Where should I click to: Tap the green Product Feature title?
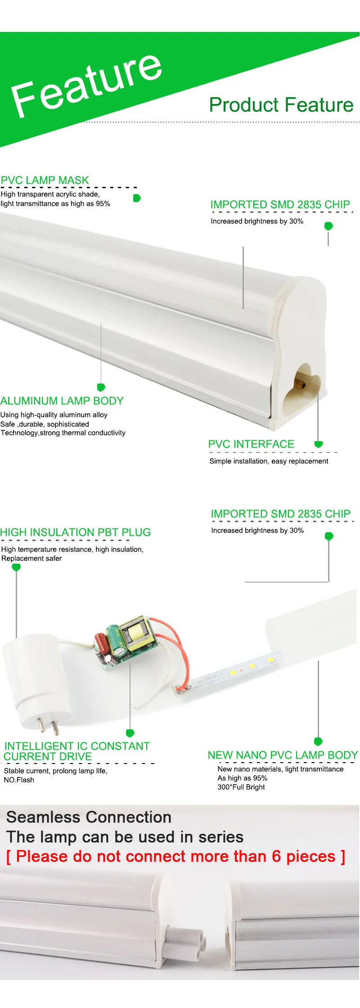coord(281,105)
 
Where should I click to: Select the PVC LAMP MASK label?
coord(45,181)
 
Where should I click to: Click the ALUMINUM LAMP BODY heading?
coord(62,401)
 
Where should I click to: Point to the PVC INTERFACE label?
coord(251,444)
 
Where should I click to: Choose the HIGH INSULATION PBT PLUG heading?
coord(76,533)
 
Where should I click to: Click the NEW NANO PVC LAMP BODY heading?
coord(283,755)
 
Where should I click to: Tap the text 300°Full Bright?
coord(241,787)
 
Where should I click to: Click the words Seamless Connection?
coord(89,817)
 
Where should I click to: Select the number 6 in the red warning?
coord(276,856)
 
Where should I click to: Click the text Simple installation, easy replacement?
coord(269,461)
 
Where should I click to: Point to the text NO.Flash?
coord(19,780)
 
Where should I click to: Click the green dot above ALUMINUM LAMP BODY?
coord(101,387)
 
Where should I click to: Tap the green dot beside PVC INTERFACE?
coord(319,444)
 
